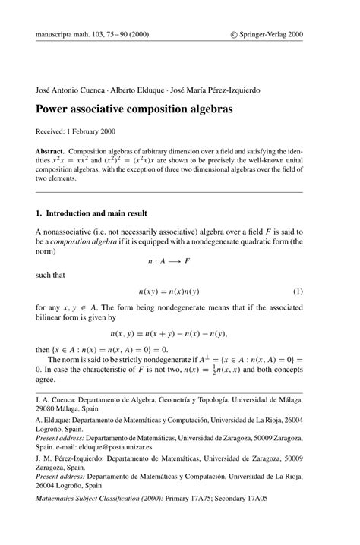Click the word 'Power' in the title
coord(54,109)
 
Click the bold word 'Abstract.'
coord(54,152)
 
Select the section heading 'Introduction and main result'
coord(98,213)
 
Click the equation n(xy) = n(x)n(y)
coord(168,291)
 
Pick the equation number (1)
coord(298,291)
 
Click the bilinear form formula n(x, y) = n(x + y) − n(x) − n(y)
coord(168,332)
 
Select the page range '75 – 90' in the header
coord(125,33)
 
